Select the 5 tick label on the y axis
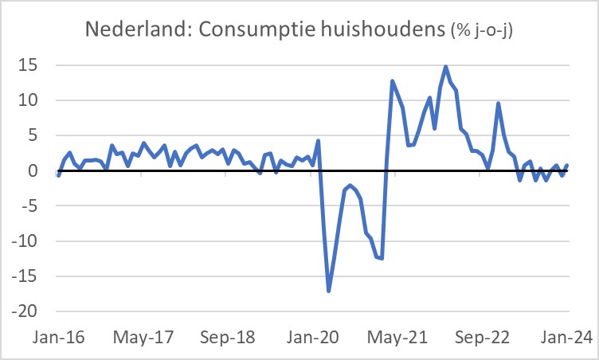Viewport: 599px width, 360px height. point(33,135)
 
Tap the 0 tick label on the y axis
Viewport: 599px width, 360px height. point(33,171)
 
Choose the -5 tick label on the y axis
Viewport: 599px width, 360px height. point(29,206)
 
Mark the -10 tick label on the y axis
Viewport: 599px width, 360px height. point(25,241)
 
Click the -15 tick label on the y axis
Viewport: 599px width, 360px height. point(25,276)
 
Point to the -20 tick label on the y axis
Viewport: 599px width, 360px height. point(25,311)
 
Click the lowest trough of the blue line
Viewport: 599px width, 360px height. point(329,291)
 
